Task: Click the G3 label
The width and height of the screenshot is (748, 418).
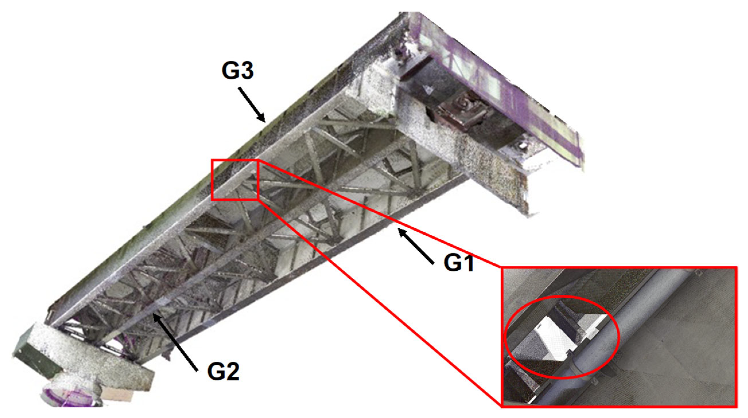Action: [237, 70]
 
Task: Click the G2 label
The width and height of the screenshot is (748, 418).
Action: [223, 372]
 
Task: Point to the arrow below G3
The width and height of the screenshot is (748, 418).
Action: [252, 105]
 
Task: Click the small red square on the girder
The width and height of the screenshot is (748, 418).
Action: [235, 180]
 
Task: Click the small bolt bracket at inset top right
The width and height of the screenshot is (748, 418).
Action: [697, 273]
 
